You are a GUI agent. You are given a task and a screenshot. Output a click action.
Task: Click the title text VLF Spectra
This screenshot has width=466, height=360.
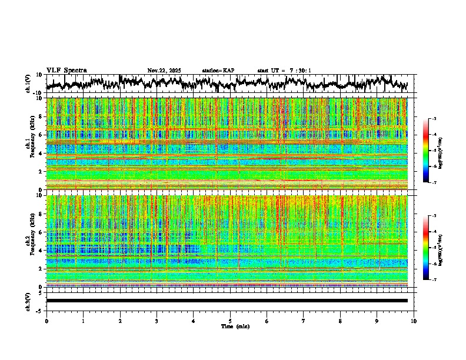pyautogui.click(x=66, y=71)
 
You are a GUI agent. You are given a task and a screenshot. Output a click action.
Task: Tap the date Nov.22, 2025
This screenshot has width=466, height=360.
pyautogui.click(x=164, y=71)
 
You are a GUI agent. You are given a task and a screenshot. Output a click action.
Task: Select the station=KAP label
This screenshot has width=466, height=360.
pyautogui.click(x=218, y=71)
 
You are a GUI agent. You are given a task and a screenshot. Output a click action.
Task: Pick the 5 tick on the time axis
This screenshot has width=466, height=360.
pyautogui.click(x=230, y=321)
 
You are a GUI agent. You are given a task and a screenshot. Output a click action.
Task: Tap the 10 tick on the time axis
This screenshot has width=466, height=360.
pyautogui.click(x=414, y=321)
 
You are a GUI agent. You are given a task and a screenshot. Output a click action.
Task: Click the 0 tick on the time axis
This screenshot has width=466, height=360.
pyautogui.click(x=46, y=321)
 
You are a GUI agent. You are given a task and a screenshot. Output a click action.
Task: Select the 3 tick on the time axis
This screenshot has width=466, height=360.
pyautogui.click(x=157, y=321)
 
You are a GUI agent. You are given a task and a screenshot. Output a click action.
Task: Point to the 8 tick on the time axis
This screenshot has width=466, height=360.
pyautogui.click(x=340, y=321)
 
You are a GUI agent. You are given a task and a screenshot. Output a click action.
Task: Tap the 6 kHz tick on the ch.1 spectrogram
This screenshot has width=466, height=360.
pyautogui.click(x=41, y=135)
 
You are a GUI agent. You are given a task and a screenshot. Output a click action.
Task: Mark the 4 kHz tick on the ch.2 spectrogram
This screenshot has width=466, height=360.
pyautogui.click(x=41, y=251)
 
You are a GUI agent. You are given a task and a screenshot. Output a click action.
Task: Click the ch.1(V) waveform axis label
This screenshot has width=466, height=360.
pyautogui.click(x=28, y=84)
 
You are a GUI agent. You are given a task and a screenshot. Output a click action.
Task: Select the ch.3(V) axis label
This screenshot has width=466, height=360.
pyautogui.click(x=28, y=301)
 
